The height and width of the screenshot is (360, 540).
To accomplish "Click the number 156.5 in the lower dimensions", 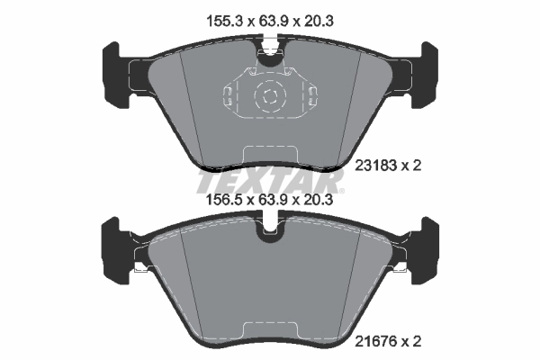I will point(223,203).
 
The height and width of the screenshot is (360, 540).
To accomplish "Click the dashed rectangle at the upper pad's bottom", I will point(269,156).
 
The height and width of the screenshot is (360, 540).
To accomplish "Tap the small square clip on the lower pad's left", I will point(137,267).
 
